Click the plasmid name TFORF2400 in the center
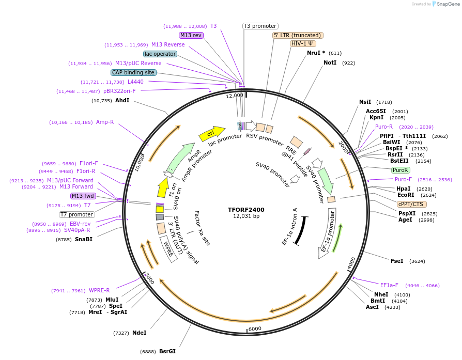[246, 210]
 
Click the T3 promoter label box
[260, 26]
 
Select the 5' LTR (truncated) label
[298, 35]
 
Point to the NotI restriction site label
[330, 62]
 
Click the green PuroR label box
[401, 170]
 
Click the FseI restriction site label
[397, 261]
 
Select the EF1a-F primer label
[389, 285]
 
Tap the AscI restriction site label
[372, 307]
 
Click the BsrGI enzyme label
[167, 351]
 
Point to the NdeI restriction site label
[140, 333]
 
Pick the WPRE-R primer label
[99, 290]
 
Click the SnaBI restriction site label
[84, 239]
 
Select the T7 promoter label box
[77, 214]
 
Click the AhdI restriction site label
[122, 100]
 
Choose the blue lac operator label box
[160, 54]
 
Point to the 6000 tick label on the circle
[255, 329]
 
